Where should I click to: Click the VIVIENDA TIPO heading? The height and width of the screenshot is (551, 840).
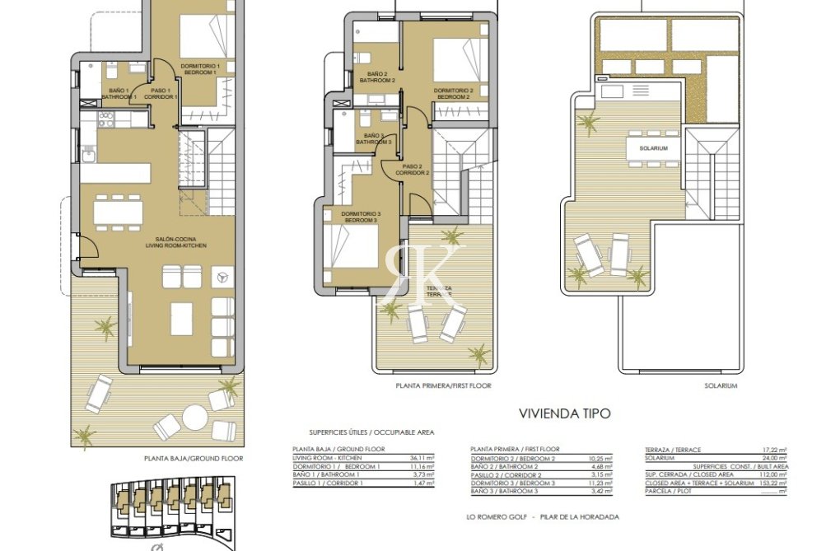pyautogui.click(x=564, y=413)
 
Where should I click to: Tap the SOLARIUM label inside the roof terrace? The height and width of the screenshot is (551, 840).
pyautogui.click(x=651, y=148)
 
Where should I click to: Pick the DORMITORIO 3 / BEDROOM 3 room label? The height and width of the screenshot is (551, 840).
pyautogui.click(x=359, y=217)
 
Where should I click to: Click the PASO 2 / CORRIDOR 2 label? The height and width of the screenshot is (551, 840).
pyautogui.click(x=412, y=170)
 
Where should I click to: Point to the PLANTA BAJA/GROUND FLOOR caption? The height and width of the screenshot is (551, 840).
pyautogui.click(x=194, y=458)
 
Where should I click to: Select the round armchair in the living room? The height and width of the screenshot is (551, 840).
pyautogui.click(x=221, y=278)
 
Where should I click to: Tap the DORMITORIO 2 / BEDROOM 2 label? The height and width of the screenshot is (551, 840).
pyautogui.click(x=453, y=93)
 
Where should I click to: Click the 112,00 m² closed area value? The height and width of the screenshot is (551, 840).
pyautogui.click(x=773, y=474)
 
